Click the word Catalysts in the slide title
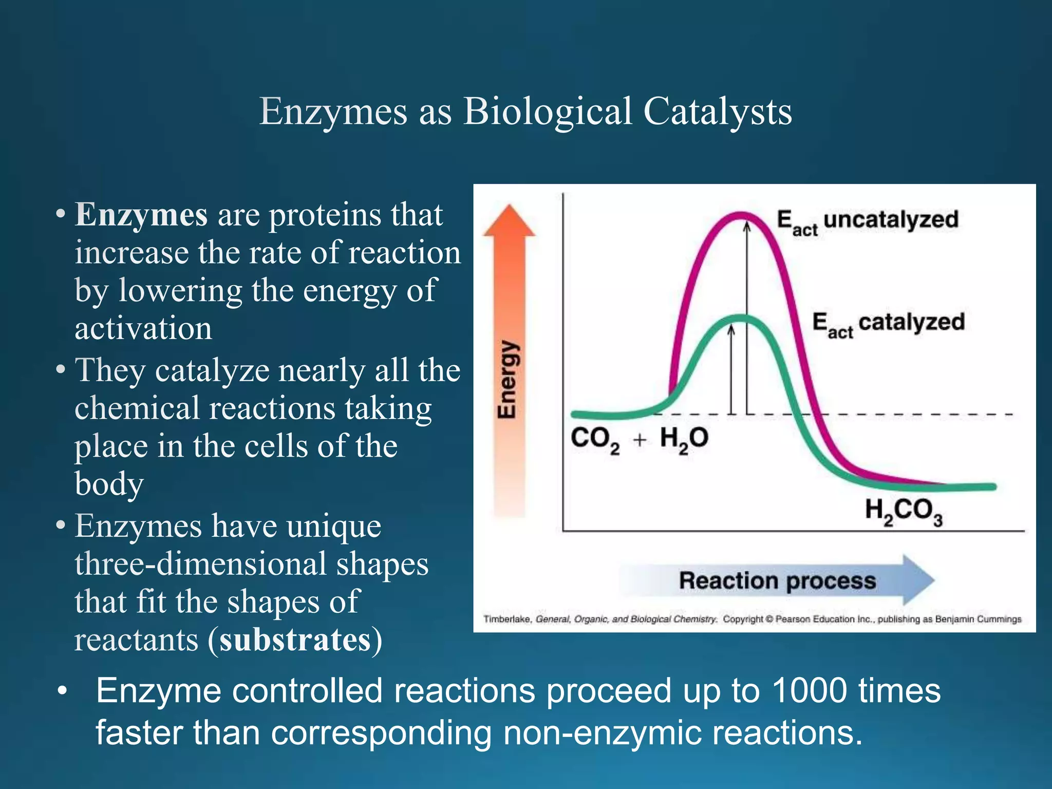(x=717, y=111)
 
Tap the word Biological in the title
(x=547, y=111)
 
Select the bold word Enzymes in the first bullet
(x=141, y=215)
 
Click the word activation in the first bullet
(x=143, y=328)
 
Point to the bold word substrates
(x=295, y=640)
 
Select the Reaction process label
(x=777, y=581)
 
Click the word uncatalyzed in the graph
(x=891, y=219)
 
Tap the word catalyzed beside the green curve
(x=911, y=322)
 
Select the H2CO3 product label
(x=904, y=512)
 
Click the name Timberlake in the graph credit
(x=506, y=619)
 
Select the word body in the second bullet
(x=109, y=484)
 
